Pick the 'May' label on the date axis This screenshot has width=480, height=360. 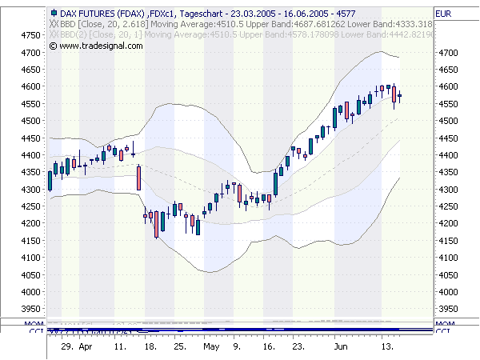[211, 348]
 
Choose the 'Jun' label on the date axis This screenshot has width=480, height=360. [340, 348]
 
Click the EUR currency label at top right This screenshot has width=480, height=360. [444, 14]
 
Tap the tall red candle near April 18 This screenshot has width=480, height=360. [138, 178]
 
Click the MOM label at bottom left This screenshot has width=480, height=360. [36, 322]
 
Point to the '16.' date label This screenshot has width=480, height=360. [269, 348]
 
